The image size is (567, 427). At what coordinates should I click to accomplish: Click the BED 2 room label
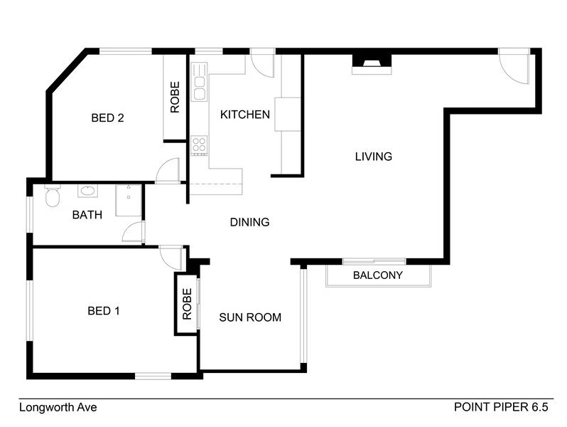(x=108, y=118)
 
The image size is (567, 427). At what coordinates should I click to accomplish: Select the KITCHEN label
(x=245, y=115)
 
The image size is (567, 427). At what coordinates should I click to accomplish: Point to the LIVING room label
(x=374, y=157)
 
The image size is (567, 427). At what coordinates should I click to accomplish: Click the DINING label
(x=249, y=223)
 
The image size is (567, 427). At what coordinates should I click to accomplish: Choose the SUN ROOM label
(x=250, y=317)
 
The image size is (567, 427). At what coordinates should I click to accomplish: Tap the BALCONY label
(x=378, y=275)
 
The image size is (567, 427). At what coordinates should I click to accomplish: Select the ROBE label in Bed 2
(x=175, y=98)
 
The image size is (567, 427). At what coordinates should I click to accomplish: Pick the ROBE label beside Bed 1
(x=188, y=304)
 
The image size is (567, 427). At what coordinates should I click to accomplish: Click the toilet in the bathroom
(x=52, y=196)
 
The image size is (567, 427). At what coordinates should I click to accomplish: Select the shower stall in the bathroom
(x=129, y=199)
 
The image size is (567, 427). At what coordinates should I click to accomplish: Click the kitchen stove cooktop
(x=199, y=145)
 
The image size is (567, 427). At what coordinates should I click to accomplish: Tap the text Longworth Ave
(x=58, y=408)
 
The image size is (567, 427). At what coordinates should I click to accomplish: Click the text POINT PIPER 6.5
(x=501, y=408)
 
